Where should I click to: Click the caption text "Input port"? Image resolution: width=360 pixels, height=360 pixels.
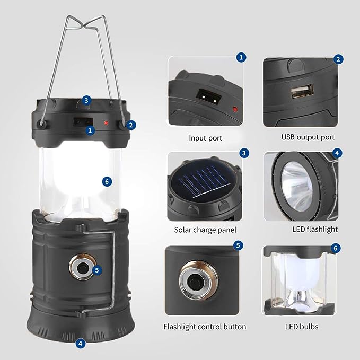click(x=205, y=138)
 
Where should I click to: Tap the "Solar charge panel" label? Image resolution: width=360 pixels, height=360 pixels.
click(x=205, y=230)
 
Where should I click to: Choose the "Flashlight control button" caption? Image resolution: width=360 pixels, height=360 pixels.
click(x=205, y=327)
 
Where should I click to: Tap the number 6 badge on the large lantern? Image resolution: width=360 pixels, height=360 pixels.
click(x=108, y=181)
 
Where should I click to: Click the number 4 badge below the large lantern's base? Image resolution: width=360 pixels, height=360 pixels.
click(x=80, y=343)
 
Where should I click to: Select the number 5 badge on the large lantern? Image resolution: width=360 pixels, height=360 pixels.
click(x=96, y=269)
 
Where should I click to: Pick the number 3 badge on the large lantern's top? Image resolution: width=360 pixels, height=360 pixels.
click(x=86, y=100)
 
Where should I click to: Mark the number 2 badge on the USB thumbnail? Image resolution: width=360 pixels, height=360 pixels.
click(x=338, y=59)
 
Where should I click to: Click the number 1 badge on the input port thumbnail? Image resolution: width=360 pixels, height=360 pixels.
click(x=242, y=57)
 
